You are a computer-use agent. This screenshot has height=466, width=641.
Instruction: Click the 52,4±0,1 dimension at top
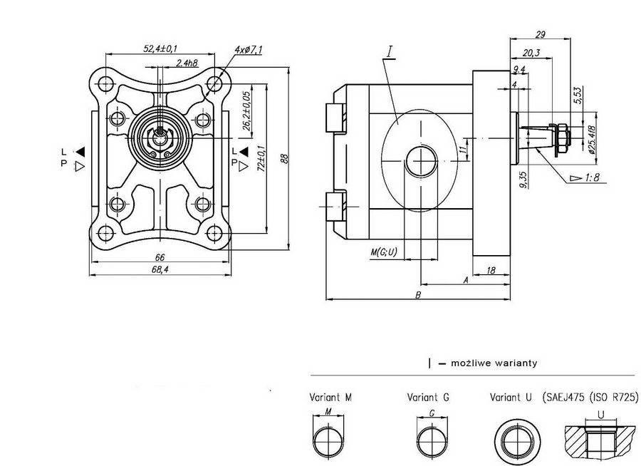click(160, 48)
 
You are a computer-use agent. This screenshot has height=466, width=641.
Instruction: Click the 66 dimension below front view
click(160, 257)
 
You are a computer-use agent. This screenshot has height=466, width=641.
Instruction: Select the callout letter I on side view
click(390, 52)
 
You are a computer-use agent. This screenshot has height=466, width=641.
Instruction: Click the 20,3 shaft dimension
click(531, 52)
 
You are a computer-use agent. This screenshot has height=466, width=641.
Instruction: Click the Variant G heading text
click(427, 398)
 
